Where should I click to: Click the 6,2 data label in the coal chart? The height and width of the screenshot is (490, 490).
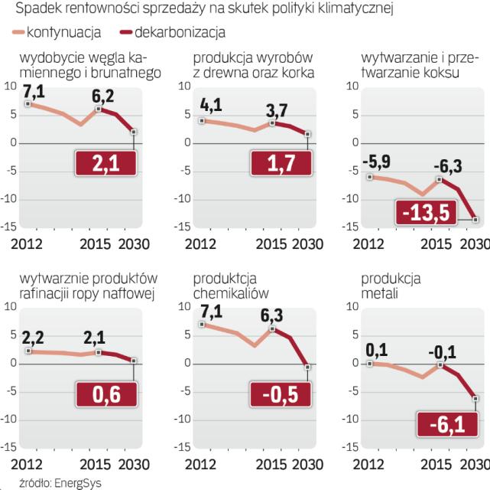102,98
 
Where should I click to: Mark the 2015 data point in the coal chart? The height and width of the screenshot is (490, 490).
99,109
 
